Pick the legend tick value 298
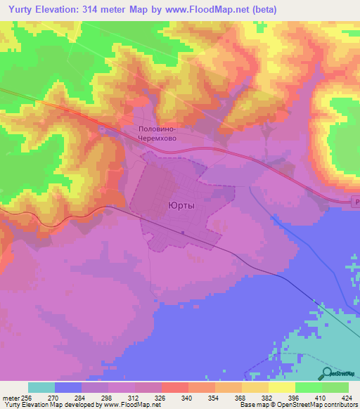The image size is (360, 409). [106, 397]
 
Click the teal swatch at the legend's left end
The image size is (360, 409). [41, 387]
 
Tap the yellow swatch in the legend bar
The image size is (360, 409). [281, 387]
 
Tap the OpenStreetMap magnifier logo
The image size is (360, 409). [326, 373]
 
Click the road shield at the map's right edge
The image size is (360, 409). [356, 202]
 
